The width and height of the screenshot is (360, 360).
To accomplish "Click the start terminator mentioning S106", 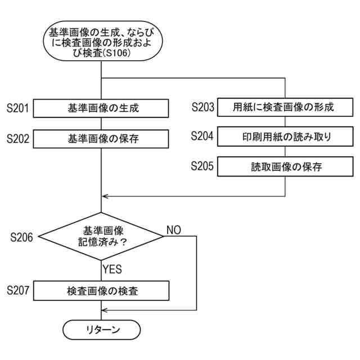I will pyautogui.click(x=101, y=42).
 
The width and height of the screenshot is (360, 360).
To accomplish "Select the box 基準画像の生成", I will pyautogui.click(x=101, y=108).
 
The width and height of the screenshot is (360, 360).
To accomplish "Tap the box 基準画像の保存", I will pyautogui.click(x=101, y=138).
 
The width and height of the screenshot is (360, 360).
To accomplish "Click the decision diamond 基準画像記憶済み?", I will pyautogui.click(x=101, y=236).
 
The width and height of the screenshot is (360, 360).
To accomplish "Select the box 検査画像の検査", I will pyautogui.click(x=101, y=291).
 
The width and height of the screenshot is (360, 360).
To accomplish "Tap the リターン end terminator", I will pyautogui.click(x=101, y=330).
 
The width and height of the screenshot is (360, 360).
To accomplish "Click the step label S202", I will pyautogui.click(x=18, y=138).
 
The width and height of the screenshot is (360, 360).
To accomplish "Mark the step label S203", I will pyautogui.click(x=202, y=107).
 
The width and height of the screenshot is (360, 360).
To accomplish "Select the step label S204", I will pyautogui.click(x=202, y=137).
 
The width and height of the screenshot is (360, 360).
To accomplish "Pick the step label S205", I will pyautogui.click(x=202, y=166).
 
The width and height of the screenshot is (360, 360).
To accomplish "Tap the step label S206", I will pyautogui.click(x=21, y=237).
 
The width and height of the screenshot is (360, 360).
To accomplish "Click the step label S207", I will pyautogui.click(x=18, y=291).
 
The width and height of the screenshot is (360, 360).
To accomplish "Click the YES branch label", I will pyautogui.click(x=112, y=269).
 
